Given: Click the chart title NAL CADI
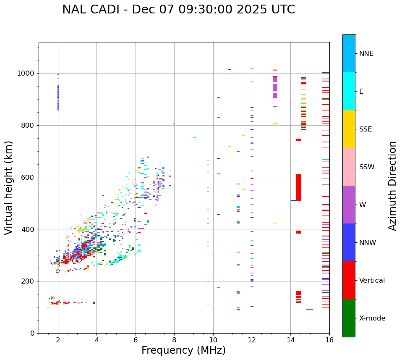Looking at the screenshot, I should [178, 10].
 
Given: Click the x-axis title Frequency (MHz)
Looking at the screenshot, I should [183, 350].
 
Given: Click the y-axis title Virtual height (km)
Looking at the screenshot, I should [9, 188].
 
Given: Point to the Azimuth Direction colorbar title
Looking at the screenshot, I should [392, 186].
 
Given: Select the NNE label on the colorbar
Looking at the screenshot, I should [366, 54].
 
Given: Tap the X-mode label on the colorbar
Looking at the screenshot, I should [372, 318].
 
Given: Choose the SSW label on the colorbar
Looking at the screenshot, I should [367, 167].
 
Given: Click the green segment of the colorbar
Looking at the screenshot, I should [349, 318].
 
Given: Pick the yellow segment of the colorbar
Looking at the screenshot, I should [349, 129].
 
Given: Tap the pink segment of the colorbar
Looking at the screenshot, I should [349, 167].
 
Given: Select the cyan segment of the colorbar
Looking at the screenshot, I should [349, 91].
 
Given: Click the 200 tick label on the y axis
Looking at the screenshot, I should [29, 281].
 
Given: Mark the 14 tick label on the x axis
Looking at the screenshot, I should [290, 340].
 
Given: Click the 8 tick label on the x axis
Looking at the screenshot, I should [174, 340].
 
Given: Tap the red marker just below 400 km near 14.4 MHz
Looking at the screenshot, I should [298, 232].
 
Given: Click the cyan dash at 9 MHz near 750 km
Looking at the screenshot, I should [194, 137].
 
